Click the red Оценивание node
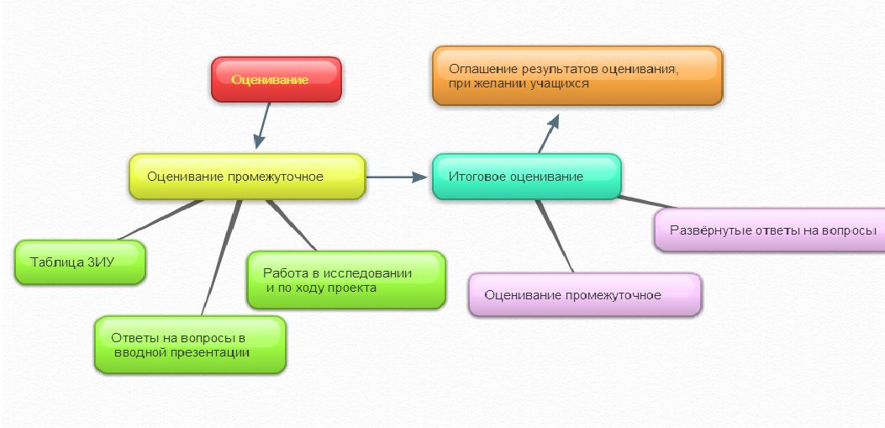coord(276,80)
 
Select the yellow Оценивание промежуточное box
coord(247,177)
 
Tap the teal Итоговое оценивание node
coord(526,177)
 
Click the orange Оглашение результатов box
coord(577,76)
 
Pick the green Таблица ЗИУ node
coord(81,262)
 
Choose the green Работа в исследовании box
coord(345,280)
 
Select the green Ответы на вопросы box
coord(190,345)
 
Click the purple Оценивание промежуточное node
coord(584,295)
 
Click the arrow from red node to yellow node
coord(262,124)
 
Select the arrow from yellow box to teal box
coord(397,177)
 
